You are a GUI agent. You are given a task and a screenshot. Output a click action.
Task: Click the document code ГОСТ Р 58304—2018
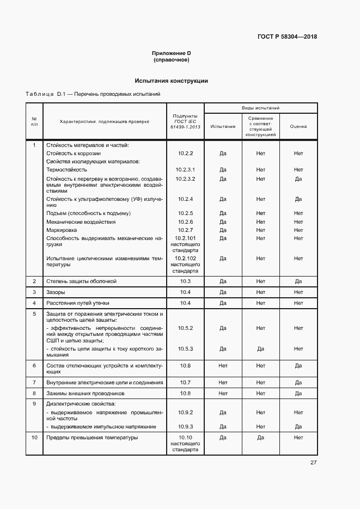click(287, 37)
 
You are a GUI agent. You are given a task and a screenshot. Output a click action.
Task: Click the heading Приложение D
click(171, 53)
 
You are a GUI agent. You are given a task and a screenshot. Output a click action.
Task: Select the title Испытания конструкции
click(171, 81)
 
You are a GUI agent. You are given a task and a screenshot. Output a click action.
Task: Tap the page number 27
click(314, 463)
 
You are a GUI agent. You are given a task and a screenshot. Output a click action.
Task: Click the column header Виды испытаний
click(260, 109)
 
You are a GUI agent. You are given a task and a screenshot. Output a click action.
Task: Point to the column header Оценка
click(298, 126)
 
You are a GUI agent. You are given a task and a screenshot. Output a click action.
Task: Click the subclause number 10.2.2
click(185, 154)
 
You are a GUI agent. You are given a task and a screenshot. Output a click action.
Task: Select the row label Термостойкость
click(66, 170)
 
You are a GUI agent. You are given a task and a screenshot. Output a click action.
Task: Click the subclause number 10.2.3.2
click(185, 179)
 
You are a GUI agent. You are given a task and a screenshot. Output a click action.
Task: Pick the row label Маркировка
click(62, 230)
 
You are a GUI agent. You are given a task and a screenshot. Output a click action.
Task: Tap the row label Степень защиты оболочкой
click(81, 281)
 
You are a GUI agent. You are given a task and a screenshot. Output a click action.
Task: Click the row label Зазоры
click(56, 292)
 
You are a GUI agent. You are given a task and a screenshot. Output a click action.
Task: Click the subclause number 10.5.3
click(185, 348)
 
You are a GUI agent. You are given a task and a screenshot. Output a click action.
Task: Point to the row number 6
click(34, 366)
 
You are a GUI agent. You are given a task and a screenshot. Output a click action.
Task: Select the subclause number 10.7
click(185, 383)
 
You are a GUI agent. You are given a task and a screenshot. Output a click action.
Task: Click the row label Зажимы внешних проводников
click(86, 393)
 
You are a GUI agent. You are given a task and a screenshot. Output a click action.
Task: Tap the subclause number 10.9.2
click(185, 413)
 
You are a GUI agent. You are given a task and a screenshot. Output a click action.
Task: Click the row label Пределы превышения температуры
click(92, 437)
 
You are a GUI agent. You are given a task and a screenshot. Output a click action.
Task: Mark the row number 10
click(34, 437)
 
